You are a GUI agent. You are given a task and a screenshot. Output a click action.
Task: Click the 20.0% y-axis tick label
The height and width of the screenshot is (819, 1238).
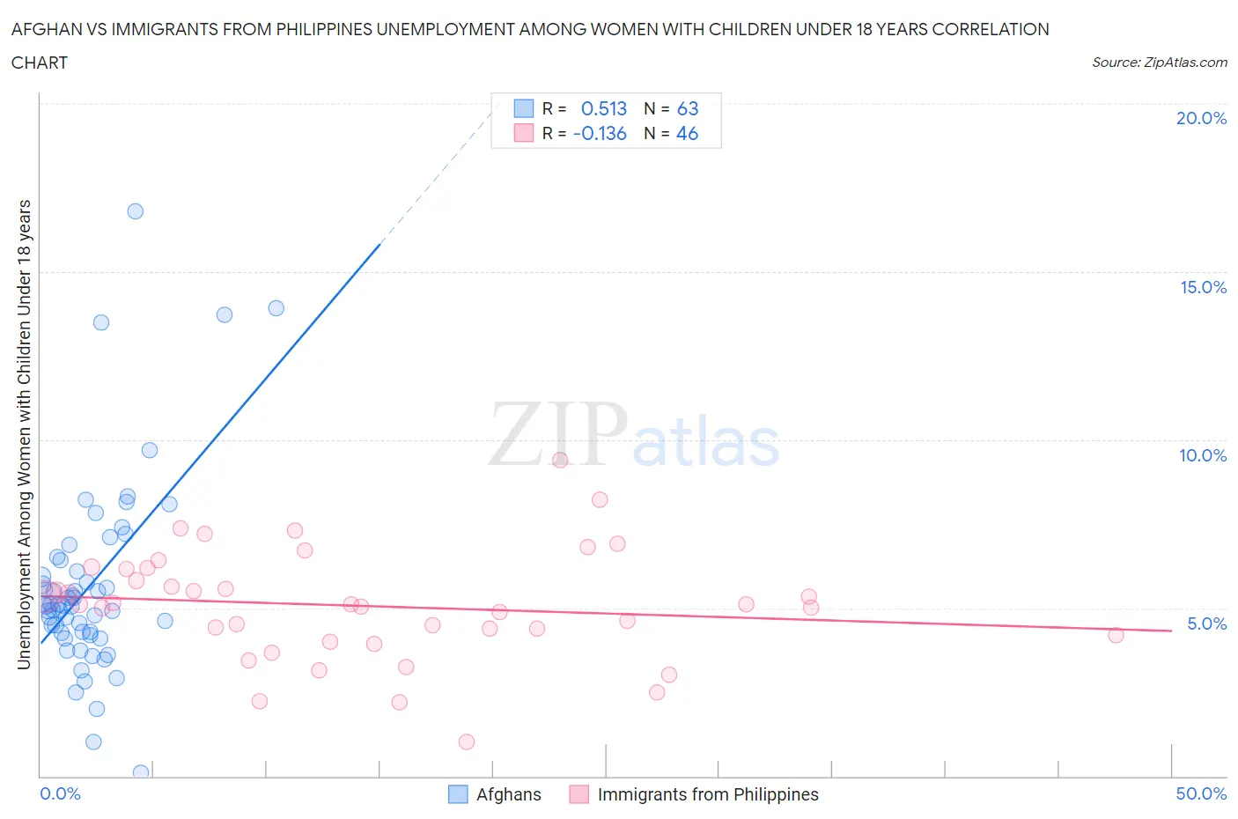pyautogui.click(x=1201, y=118)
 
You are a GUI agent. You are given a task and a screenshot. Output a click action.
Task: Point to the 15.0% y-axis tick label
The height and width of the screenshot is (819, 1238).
pyautogui.click(x=1203, y=287)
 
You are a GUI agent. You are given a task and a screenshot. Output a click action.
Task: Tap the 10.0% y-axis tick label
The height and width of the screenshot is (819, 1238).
pyautogui.click(x=1203, y=455)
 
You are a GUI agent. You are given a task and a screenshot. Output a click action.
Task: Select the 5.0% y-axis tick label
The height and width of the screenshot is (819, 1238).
pyautogui.click(x=1206, y=623)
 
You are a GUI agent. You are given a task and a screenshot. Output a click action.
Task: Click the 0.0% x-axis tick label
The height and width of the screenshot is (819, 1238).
pyautogui.click(x=60, y=793)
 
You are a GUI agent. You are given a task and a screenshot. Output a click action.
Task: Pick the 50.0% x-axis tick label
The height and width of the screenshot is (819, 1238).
pyautogui.click(x=1201, y=793)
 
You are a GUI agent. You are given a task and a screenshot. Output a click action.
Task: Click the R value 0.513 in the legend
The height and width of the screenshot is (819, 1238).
pyautogui.click(x=604, y=108)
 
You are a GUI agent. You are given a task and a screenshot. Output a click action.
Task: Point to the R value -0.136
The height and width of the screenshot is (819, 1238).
pyautogui.click(x=600, y=133)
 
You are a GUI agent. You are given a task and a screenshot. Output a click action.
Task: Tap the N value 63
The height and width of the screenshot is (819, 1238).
pyautogui.click(x=688, y=108)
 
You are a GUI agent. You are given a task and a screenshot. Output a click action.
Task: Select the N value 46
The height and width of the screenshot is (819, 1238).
pyautogui.click(x=687, y=133)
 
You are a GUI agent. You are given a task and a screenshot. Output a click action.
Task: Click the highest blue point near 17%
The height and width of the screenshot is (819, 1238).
pyautogui.click(x=135, y=211)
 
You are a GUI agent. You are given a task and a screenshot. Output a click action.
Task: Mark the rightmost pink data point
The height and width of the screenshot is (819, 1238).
pyautogui.click(x=1116, y=635)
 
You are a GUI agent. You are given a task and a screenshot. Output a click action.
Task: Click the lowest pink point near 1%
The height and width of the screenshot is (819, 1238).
pyautogui.click(x=467, y=742)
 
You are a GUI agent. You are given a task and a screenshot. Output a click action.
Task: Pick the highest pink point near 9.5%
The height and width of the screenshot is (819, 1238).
pyautogui.click(x=560, y=460)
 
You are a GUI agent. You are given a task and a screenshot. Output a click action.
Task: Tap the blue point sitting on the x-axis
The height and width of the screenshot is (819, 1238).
pyautogui.click(x=141, y=772)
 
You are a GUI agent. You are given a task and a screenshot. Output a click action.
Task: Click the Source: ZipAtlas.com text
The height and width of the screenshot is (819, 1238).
pyautogui.click(x=1159, y=62)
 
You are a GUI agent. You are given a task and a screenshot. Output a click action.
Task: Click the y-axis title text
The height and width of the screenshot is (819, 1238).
pyautogui.click(x=24, y=434)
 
